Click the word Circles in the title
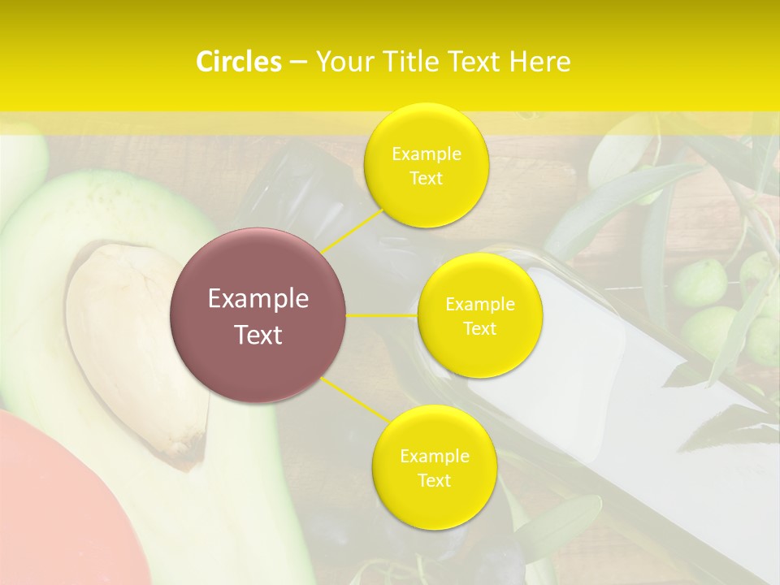point(239,62)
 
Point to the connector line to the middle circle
point(382,315)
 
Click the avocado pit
point(134,341)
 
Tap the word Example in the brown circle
point(258,299)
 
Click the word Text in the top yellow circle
point(426,178)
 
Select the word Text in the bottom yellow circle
point(434,480)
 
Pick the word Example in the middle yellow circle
point(479,305)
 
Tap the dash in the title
point(297,62)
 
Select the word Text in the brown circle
point(258,335)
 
